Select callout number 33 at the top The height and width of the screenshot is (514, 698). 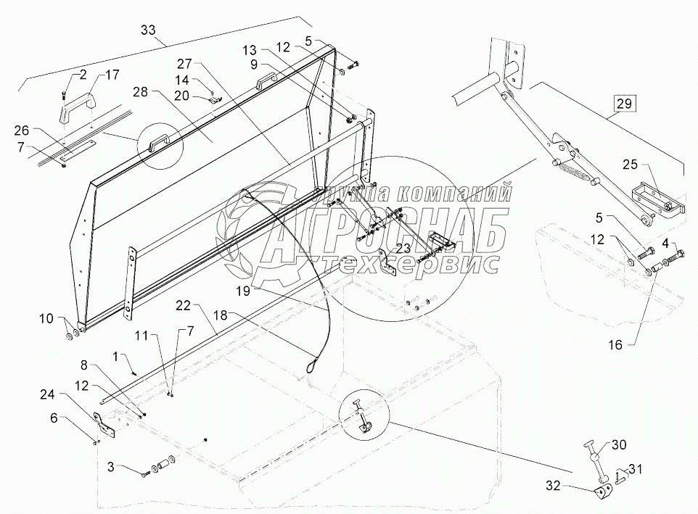pos(148,30)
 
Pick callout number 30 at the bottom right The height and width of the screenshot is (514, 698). pos(617,444)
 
